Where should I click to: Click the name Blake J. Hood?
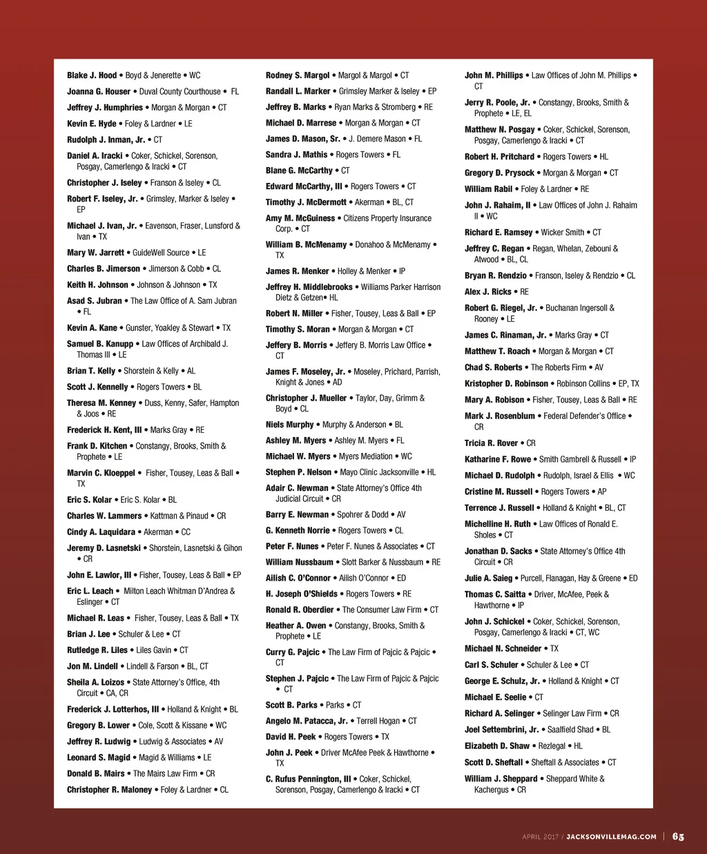coord(92,75)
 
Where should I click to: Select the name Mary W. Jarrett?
coord(95,253)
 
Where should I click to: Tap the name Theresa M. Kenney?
coord(101,403)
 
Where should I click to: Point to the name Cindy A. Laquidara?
coord(101,532)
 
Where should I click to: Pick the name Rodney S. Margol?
coord(298,75)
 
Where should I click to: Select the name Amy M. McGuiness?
coord(300,218)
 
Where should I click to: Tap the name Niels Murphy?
coord(289,425)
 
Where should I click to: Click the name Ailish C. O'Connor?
coord(298,578)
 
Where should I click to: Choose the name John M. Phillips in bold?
coord(494,75)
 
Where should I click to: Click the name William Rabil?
coord(488,189)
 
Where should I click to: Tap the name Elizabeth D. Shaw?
coord(497,746)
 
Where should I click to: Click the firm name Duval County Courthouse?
coord(180,91)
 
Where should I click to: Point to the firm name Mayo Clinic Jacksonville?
coord(379,472)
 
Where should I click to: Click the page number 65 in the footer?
coord(678,837)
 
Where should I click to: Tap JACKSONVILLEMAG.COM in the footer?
coord(611,837)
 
